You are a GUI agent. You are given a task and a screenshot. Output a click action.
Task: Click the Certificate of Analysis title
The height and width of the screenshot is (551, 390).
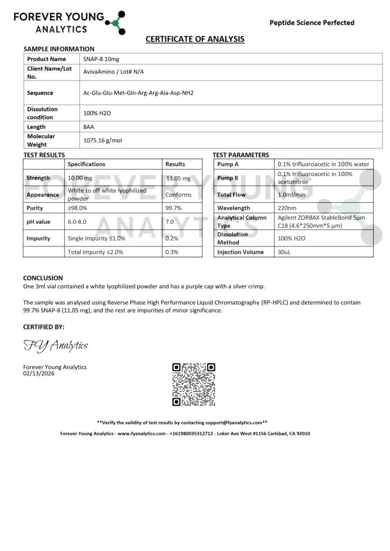click(195, 39)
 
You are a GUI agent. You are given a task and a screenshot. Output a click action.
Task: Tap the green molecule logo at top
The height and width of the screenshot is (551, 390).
click(114, 22)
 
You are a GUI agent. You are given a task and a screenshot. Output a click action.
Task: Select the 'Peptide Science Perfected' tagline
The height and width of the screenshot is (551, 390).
click(311, 23)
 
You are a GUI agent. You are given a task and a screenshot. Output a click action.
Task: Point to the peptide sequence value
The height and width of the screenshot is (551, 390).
click(138, 93)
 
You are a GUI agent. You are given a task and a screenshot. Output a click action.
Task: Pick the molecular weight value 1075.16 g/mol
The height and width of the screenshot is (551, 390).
click(103, 140)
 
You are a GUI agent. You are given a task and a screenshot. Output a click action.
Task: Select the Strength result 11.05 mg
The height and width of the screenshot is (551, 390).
click(178, 178)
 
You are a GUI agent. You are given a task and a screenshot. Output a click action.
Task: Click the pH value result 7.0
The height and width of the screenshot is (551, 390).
click(170, 222)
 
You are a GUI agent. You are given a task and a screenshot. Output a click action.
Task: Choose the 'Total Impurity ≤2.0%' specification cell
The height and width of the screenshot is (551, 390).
click(96, 252)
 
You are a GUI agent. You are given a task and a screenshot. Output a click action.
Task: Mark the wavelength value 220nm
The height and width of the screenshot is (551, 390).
click(287, 208)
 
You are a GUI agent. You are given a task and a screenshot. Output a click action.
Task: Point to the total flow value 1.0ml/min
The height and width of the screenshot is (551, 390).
click(291, 195)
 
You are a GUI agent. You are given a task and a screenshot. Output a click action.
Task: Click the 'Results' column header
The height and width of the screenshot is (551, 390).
click(175, 164)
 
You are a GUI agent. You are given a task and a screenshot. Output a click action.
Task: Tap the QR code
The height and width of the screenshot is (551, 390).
click(194, 385)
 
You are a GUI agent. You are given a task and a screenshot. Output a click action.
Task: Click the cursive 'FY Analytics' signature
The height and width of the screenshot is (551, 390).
click(55, 345)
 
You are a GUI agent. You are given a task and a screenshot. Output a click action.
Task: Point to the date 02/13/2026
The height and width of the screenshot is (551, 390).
click(39, 373)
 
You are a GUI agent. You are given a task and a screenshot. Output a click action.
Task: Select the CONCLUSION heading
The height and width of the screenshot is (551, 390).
click(43, 278)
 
